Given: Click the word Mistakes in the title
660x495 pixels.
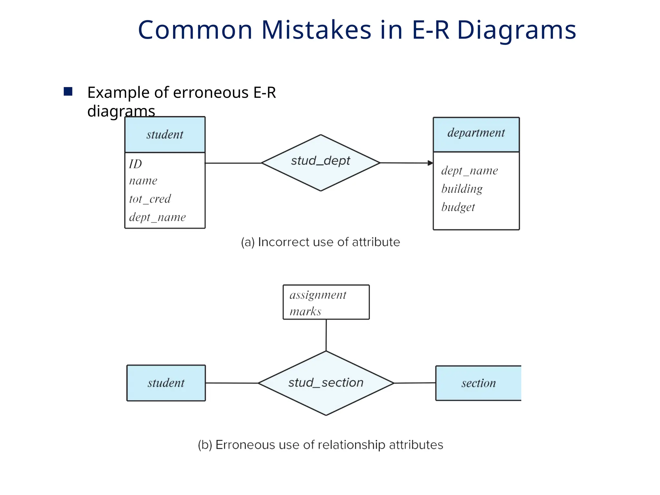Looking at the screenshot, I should (x=316, y=30).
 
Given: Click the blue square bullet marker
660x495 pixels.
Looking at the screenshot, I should (x=68, y=92).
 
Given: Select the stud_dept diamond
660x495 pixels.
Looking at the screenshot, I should (x=321, y=162).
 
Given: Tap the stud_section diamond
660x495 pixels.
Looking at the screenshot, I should (x=326, y=383).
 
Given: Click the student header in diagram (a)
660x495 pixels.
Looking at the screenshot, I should (x=165, y=135).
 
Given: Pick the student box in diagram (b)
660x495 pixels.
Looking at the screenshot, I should (x=166, y=383).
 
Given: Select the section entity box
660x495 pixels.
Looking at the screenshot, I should (x=478, y=383).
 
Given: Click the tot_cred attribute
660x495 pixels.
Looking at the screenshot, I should (x=150, y=199).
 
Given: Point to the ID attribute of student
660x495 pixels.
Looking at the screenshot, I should (x=135, y=164).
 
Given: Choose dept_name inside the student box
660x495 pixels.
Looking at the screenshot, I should (x=157, y=217).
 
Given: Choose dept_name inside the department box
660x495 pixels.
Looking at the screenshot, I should (x=469, y=170).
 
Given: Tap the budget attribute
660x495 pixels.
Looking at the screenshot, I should (x=458, y=207).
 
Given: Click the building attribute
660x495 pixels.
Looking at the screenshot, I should (x=462, y=189).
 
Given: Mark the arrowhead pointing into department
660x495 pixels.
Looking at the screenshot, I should (x=430, y=163).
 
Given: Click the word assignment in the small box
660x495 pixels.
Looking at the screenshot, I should (x=318, y=295).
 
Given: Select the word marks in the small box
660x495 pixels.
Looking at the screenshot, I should (x=305, y=311).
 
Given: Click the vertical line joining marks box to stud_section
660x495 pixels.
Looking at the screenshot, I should (x=326, y=335).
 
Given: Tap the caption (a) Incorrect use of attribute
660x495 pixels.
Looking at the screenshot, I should (x=320, y=242).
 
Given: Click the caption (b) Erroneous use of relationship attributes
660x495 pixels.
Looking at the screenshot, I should (x=320, y=445).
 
